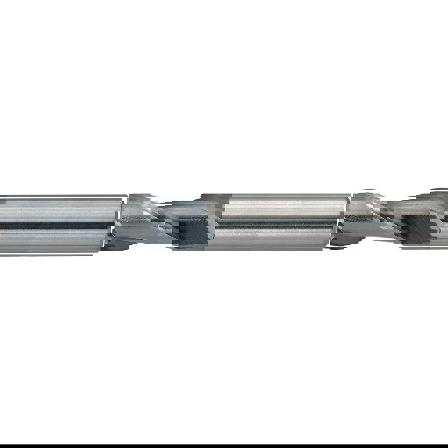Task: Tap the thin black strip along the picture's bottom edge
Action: pos(224,446)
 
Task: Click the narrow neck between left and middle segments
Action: pos(161,222)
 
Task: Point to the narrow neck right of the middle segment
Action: pos(381,220)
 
